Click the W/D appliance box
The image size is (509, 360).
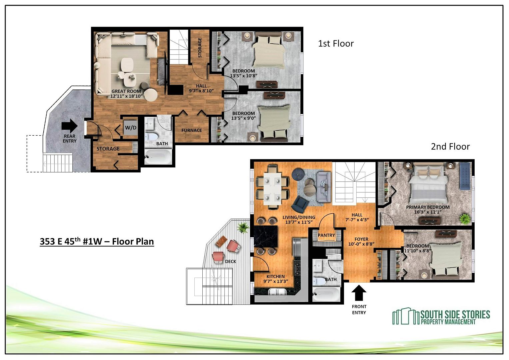pyautogui.click(x=131, y=128)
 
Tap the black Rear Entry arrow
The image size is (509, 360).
pyautogui.click(x=70, y=126)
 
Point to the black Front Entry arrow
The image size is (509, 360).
pyautogui.click(x=359, y=293)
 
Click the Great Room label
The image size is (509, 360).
pyautogui.click(x=126, y=91)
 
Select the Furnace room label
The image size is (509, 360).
pyautogui.click(x=192, y=130)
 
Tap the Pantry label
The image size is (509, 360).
pyautogui.click(x=326, y=235)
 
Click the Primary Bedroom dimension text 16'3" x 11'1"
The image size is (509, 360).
pyautogui.click(x=428, y=212)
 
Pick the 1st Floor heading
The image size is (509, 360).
pyautogui.click(x=336, y=44)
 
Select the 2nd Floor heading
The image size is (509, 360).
pyautogui.click(x=450, y=147)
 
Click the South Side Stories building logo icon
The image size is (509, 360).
pyautogui.click(x=406, y=316)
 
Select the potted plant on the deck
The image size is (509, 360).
pyautogui.click(x=243, y=227)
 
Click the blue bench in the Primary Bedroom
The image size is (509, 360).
pyautogui.click(x=465, y=176)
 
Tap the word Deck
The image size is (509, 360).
pyautogui.click(x=231, y=262)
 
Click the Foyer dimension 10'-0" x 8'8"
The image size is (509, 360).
pyautogui.click(x=361, y=244)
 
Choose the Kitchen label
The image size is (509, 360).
pyautogui.click(x=276, y=277)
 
